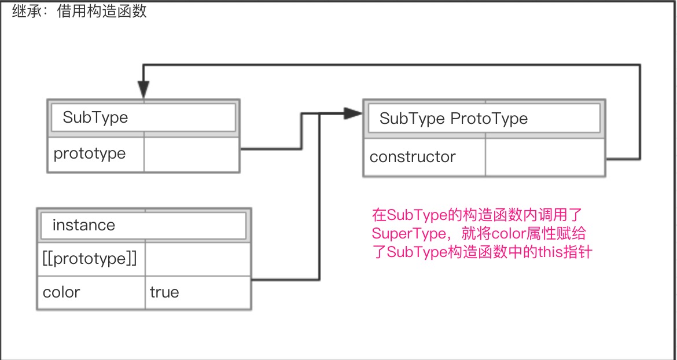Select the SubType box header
click(x=144, y=118)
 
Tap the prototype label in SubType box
click(x=90, y=154)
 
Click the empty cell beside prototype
click(x=192, y=155)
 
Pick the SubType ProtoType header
click(x=484, y=119)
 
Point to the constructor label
click(x=413, y=157)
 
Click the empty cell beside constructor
click(x=544, y=157)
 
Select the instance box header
click(x=144, y=225)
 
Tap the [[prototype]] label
click(x=90, y=259)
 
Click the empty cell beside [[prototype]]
click(x=198, y=259)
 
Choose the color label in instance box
click(x=61, y=292)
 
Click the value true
click(x=164, y=292)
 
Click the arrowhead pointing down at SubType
click(x=144, y=90)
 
